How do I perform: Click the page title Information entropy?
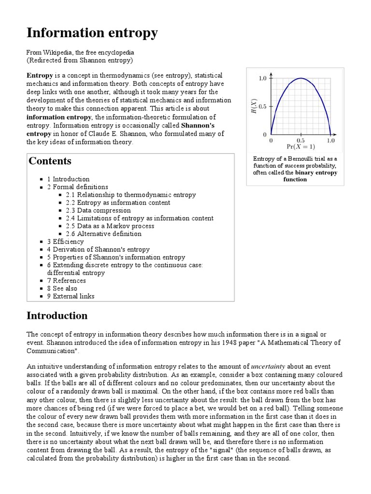[x=92, y=33]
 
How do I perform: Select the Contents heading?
[x=50, y=161]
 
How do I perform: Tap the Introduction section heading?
[x=57, y=316]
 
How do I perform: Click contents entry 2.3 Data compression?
[x=98, y=210]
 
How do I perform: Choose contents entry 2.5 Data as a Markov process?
[x=110, y=226]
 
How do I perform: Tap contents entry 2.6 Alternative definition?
[x=104, y=233]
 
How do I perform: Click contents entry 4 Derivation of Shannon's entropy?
[x=98, y=249]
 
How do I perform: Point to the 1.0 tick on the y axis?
[x=263, y=78]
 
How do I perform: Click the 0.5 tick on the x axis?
[x=300, y=140]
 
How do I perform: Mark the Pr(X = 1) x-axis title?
[x=300, y=147]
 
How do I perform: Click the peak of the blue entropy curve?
[x=300, y=78]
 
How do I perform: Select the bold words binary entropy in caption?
[x=316, y=172]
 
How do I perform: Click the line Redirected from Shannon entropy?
[x=80, y=60]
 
